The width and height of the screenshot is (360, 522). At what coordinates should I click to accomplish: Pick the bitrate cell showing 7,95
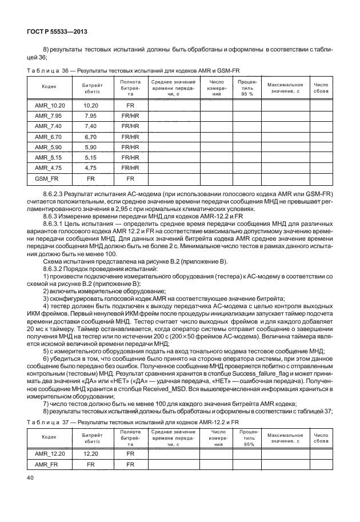coord(91,116)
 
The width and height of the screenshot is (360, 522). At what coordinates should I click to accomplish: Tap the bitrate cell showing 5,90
coord(91,147)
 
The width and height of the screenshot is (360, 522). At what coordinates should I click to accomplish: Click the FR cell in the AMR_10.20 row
coord(130,106)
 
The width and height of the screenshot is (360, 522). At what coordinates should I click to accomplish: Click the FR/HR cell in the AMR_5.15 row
coord(130,157)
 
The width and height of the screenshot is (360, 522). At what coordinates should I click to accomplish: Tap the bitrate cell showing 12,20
coord(91,455)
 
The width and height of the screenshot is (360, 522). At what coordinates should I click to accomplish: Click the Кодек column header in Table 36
coord(49,86)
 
